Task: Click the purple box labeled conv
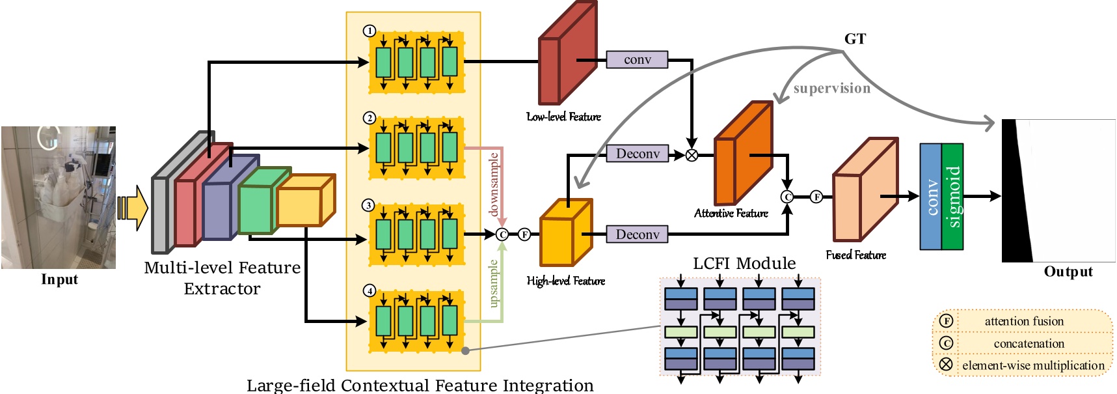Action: (x=637, y=60)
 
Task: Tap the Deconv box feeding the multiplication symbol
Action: (x=637, y=154)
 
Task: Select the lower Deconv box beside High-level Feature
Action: (x=637, y=234)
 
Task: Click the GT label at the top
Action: (x=855, y=39)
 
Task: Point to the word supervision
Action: (x=831, y=89)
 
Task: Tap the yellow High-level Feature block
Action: (x=565, y=234)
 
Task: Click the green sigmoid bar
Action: (x=952, y=197)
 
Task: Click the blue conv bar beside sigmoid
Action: (x=930, y=197)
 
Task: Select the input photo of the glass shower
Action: (x=59, y=197)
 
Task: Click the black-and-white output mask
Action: (x=1058, y=191)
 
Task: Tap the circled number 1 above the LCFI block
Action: (x=370, y=31)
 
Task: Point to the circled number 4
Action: (x=370, y=290)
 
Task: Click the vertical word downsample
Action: (x=494, y=184)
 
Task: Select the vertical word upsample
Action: (x=494, y=284)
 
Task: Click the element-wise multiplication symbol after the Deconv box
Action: (x=692, y=155)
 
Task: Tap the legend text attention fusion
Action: (x=1023, y=321)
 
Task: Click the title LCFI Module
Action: (x=744, y=263)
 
